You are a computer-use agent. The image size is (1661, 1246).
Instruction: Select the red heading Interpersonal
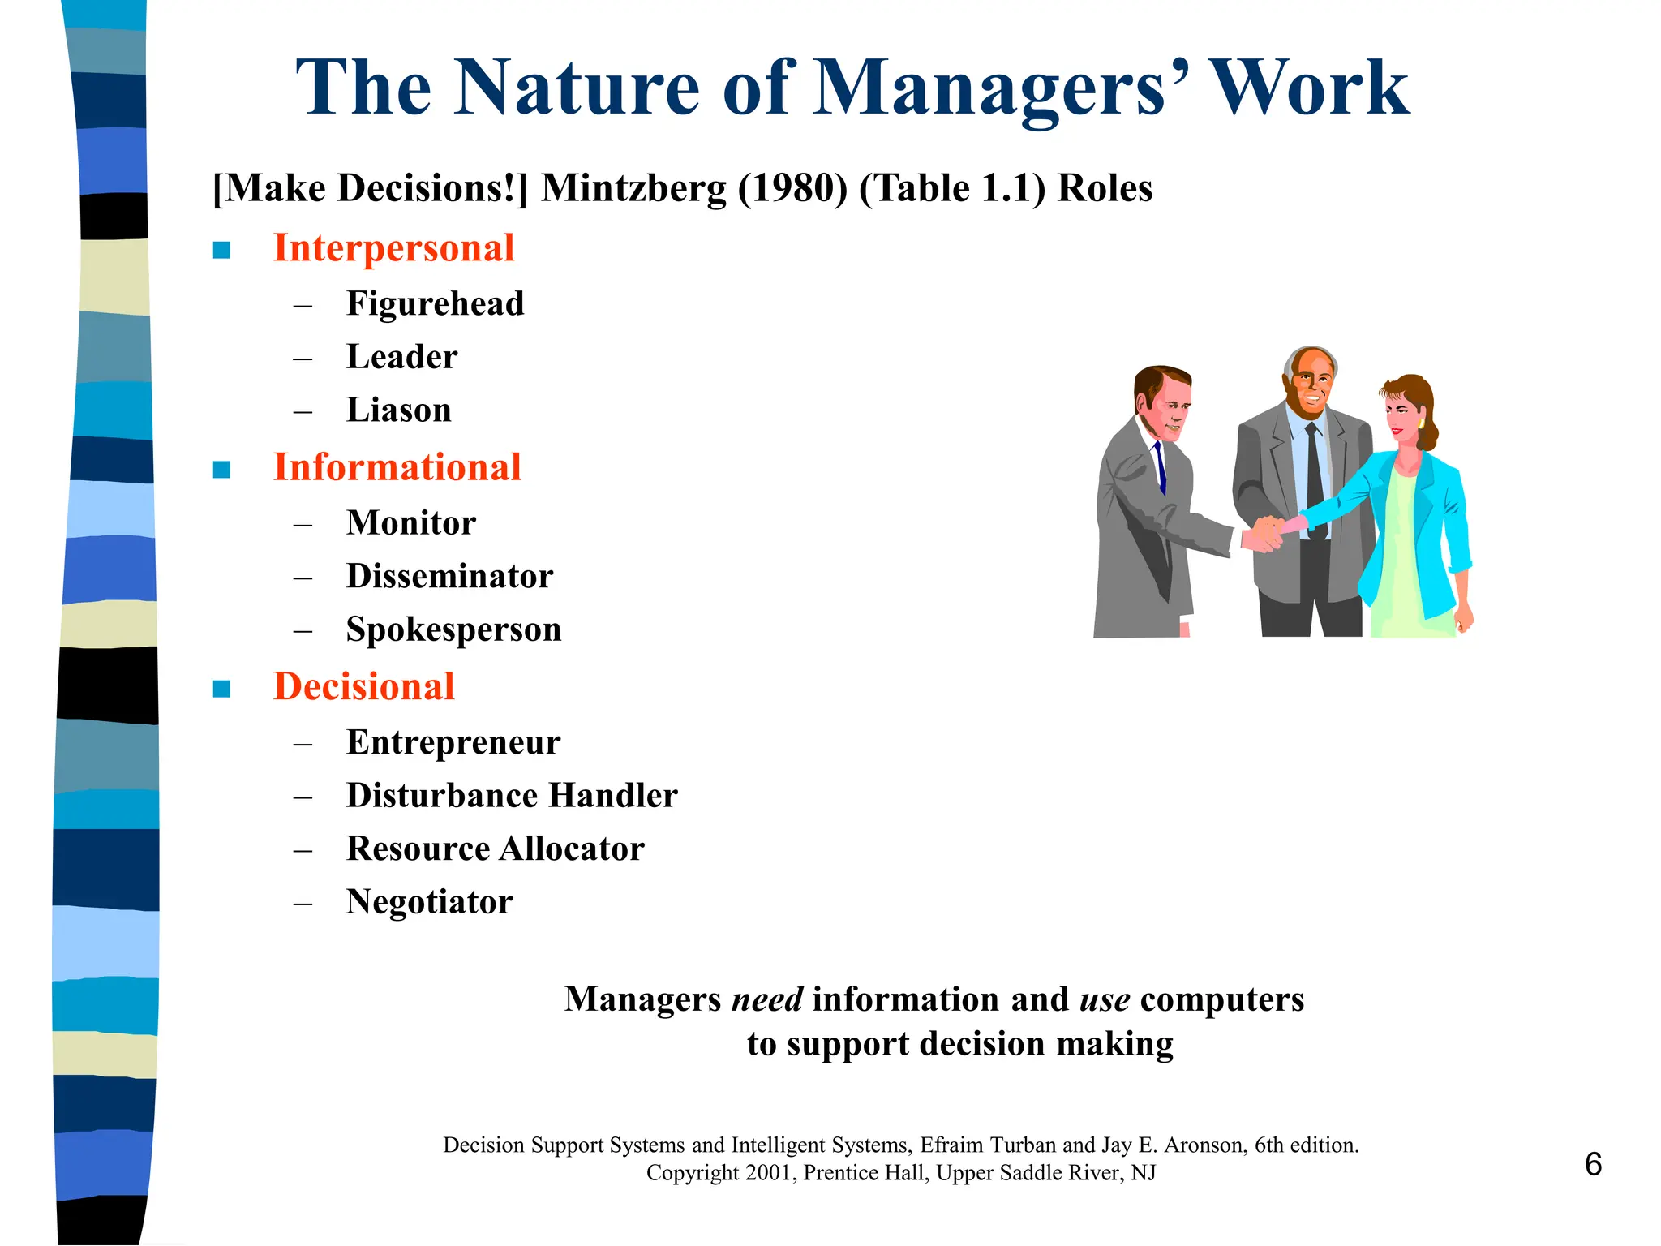click(x=393, y=248)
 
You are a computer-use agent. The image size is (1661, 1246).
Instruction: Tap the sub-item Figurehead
click(x=435, y=304)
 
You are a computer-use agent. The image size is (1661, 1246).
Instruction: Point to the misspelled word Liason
click(x=398, y=410)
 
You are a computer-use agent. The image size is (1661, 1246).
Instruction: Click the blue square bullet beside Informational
click(x=221, y=470)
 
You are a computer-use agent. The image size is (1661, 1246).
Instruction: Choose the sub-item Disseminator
click(x=449, y=577)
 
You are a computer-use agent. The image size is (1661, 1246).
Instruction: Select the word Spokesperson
click(x=453, y=630)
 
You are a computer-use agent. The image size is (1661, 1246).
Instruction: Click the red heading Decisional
click(x=363, y=687)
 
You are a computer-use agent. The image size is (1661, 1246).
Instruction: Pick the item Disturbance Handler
click(x=511, y=796)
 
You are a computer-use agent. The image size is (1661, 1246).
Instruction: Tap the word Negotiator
click(x=429, y=902)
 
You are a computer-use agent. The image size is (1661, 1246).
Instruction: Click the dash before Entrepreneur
click(x=303, y=744)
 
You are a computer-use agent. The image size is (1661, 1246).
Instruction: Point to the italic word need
click(x=766, y=999)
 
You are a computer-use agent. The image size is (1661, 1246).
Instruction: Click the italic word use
click(x=1105, y=999)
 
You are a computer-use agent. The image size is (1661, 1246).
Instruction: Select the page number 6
click(x=1593, y=1165)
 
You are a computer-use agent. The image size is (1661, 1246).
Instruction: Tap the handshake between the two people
click(x=1265, y=533)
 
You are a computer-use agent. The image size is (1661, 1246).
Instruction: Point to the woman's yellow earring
click(x=1420, y=424)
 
